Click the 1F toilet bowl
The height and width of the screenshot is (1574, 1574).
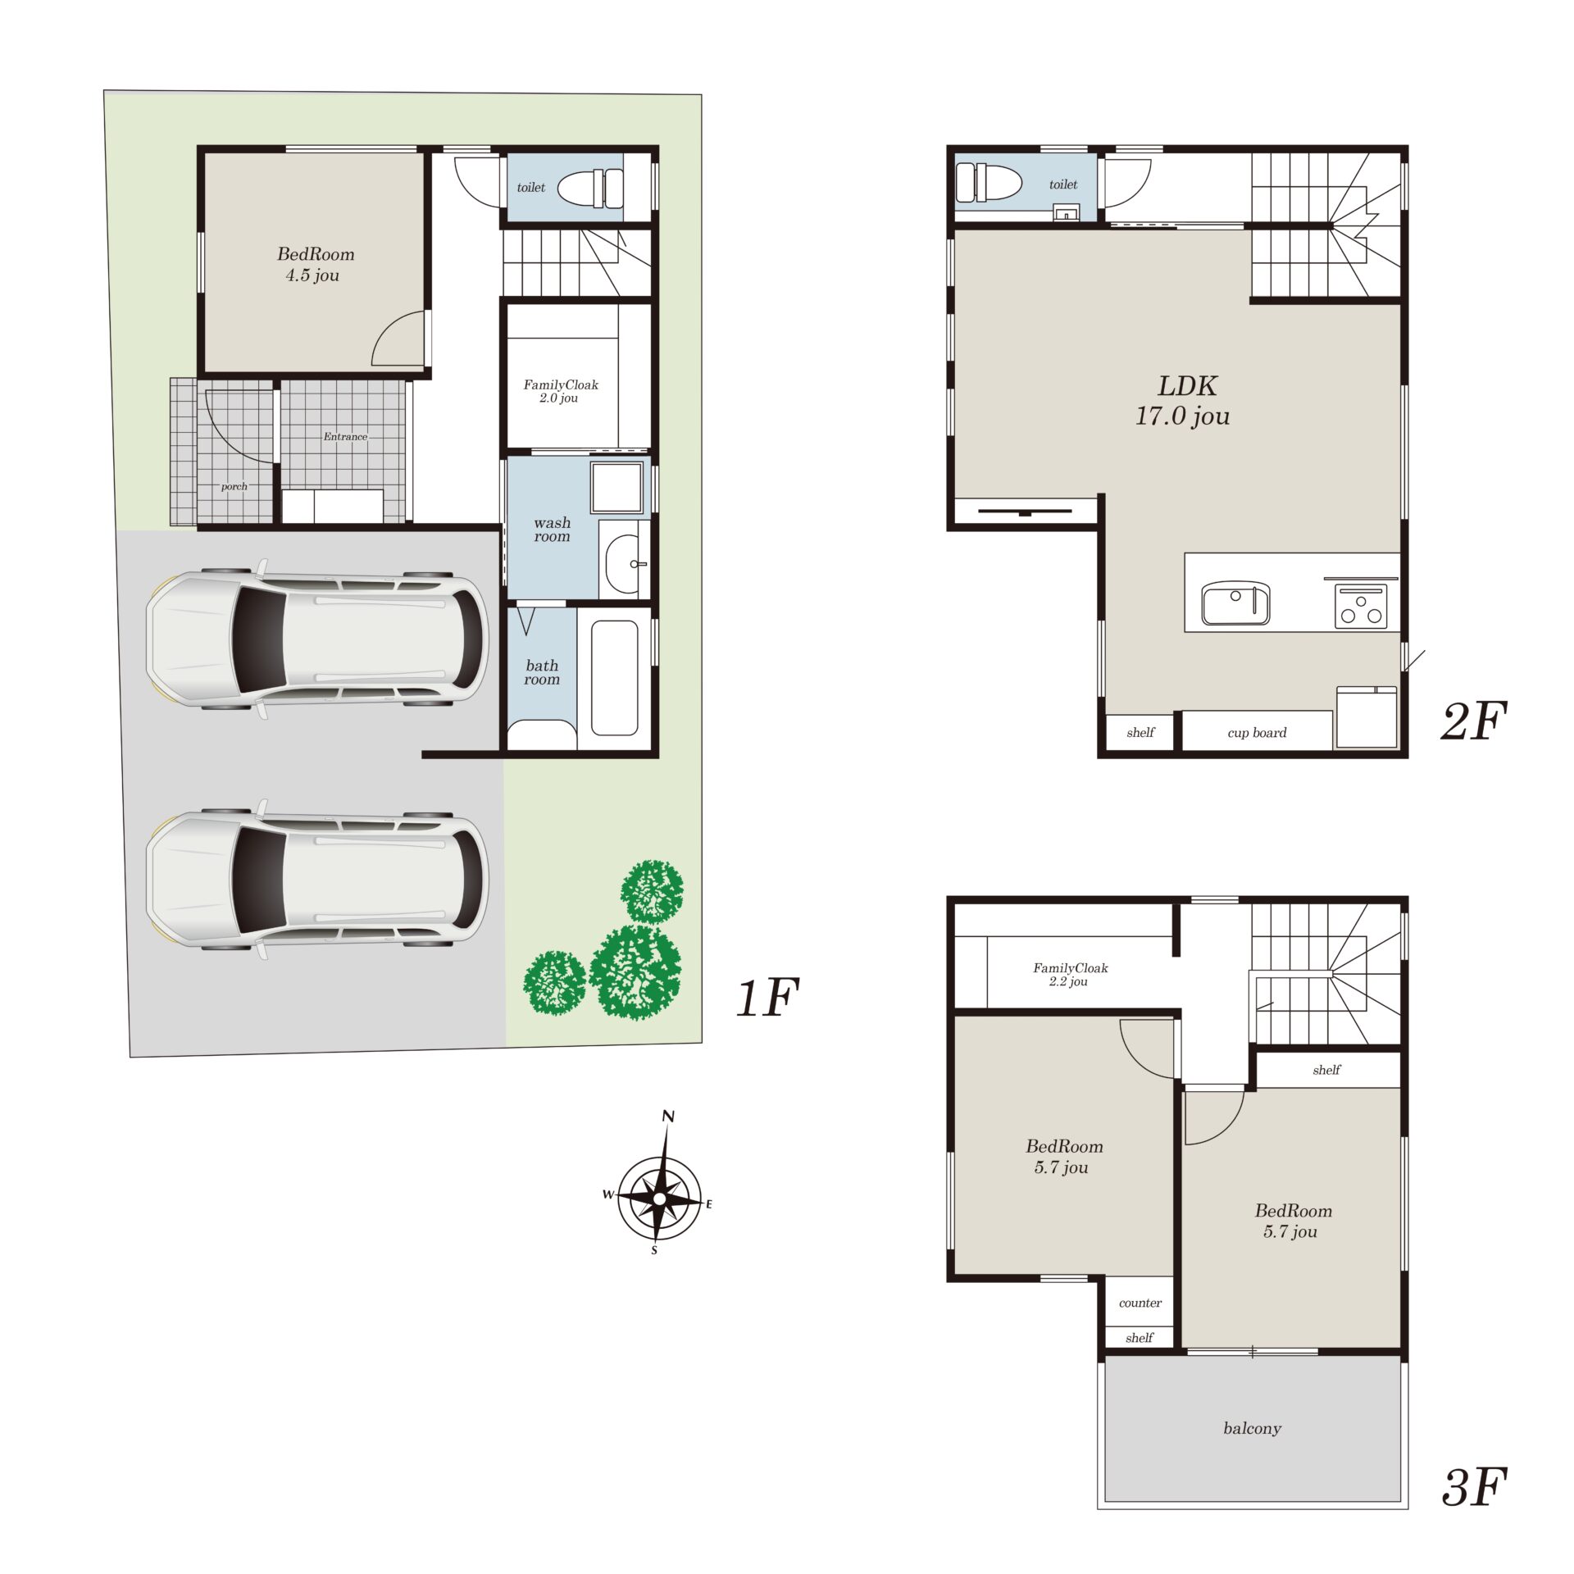pos(590,188)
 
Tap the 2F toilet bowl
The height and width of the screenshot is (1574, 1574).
pos(989,182)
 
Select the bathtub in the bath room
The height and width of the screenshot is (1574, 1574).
pos(614,677)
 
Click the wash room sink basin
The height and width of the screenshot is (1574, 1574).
pos(623,564)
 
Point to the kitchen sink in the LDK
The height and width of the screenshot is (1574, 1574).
pos(1235,603)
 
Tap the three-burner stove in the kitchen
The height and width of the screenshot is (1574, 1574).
pos(1361,607)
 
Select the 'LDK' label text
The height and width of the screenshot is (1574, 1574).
pos(1187,385)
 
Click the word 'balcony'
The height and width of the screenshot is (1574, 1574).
pos(1252,1428)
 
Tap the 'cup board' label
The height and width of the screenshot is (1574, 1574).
pos(1257,732)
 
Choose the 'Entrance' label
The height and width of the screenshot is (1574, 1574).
pos(345,436)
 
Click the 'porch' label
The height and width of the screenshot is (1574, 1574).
pos(234,486)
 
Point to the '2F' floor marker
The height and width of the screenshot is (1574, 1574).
pos(1474,721)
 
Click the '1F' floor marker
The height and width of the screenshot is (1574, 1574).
pos(767,997)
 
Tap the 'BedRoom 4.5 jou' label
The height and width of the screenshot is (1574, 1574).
pos(316,264)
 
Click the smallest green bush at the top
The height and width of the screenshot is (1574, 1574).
pos(652,891)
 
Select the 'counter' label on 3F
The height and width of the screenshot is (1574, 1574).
pos(1140,1303)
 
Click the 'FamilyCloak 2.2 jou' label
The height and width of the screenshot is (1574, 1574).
pos(1070,974)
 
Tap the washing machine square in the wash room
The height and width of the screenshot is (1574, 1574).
pos(616,487)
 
